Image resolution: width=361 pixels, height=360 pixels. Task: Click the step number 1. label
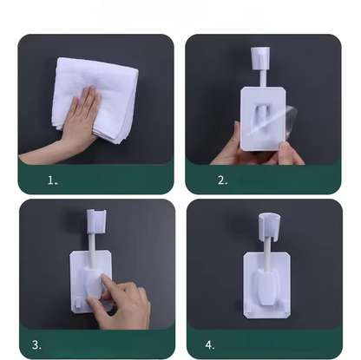point(52,180)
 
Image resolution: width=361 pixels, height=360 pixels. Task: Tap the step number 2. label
point(222,180)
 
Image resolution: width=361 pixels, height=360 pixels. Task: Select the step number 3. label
point(37,344)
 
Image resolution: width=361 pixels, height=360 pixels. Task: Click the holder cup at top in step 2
point(259,57)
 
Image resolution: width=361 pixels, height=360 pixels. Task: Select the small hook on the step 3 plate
point(79,303)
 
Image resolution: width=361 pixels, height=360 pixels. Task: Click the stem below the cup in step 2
point(259,76)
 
